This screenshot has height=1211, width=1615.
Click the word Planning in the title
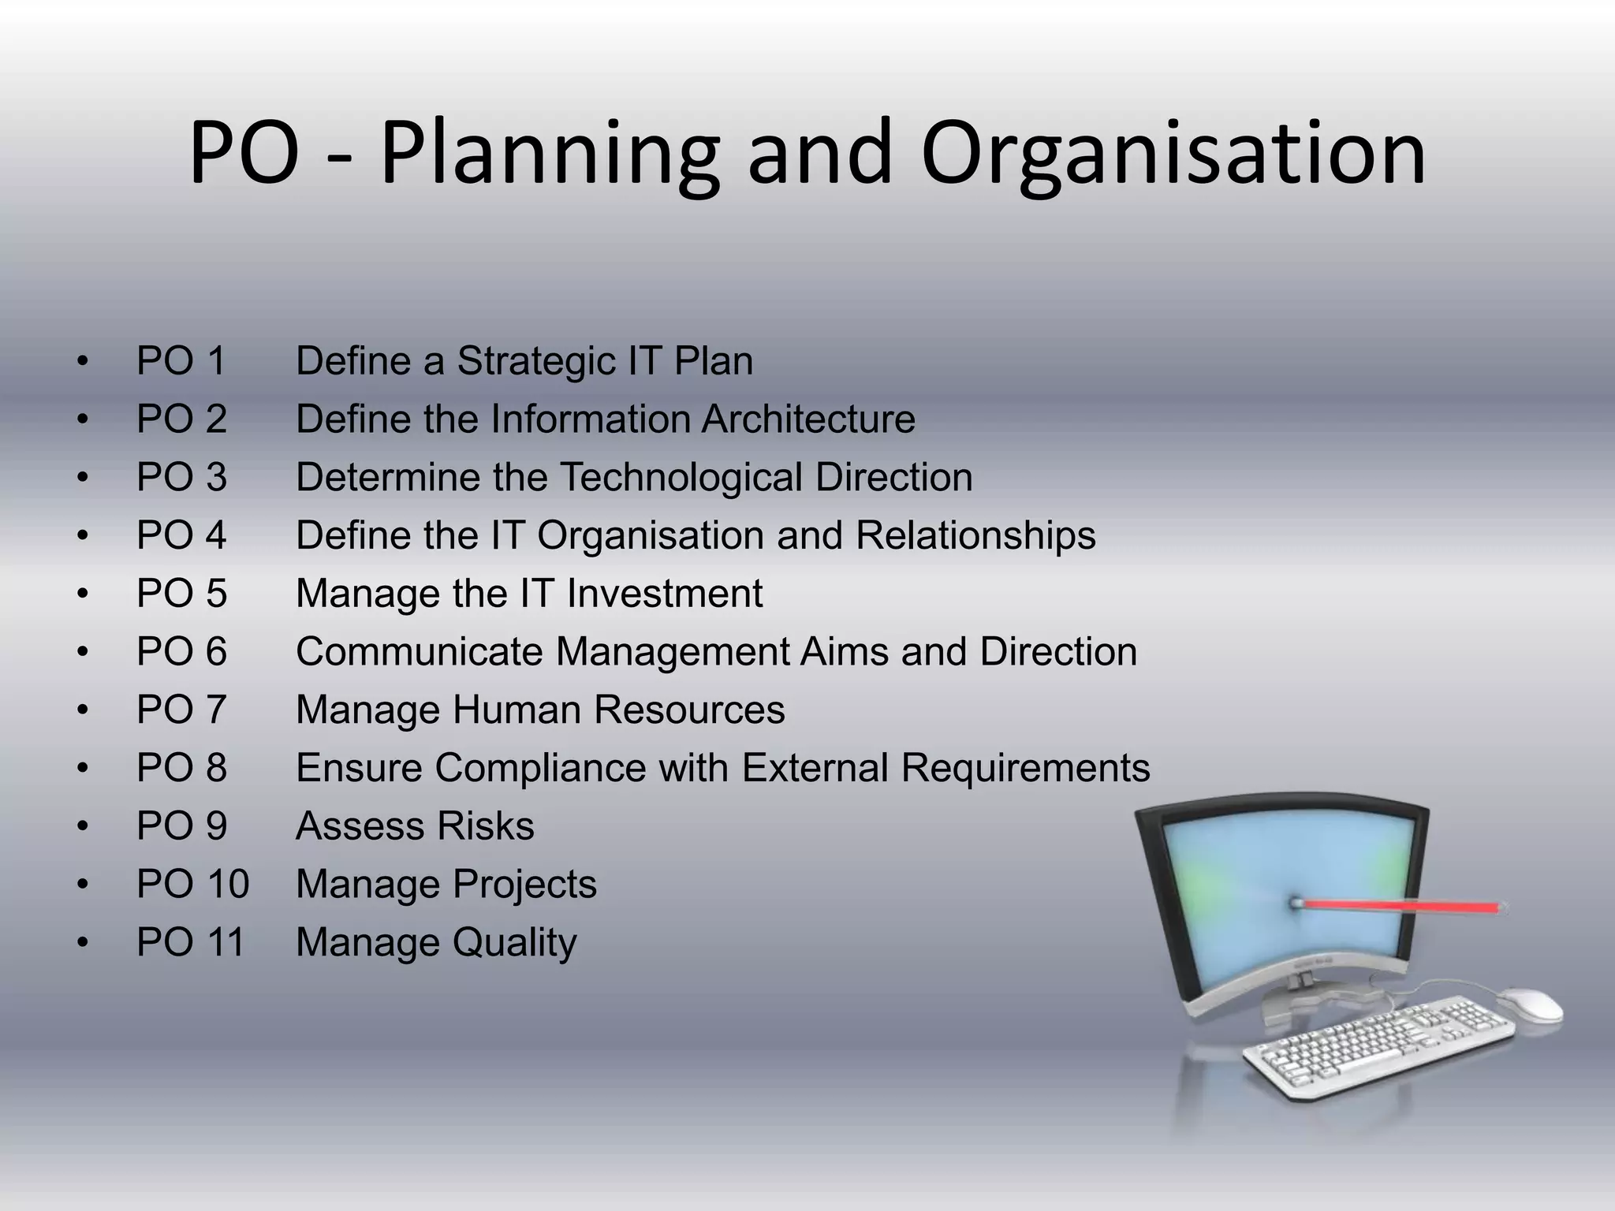[550, 154]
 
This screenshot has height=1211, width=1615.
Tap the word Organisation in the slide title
[1173, 154]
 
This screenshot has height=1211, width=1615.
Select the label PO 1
[181, 361]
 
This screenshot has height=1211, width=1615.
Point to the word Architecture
[808, 419]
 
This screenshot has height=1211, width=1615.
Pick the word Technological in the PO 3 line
[681, 477]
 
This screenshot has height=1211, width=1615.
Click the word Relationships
[975, 535]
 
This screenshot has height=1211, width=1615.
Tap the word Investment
[664, 594]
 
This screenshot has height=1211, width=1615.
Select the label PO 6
[181, 652]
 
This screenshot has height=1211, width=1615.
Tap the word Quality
[514, 943]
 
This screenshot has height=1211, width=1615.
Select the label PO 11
[191, 943]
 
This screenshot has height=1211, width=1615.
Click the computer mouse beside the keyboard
[1529, 1004]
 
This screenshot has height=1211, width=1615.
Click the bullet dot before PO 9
[82, 827]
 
